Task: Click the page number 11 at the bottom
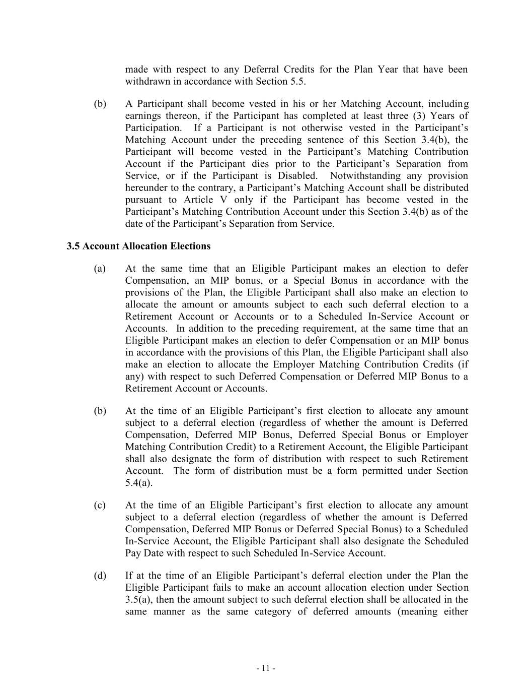point(266,668)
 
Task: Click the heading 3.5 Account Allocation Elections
point(138,246)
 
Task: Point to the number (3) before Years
point(418,116)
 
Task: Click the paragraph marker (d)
point(100,576)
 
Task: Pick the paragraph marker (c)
point(100,505)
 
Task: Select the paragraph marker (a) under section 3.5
point(100,269)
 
